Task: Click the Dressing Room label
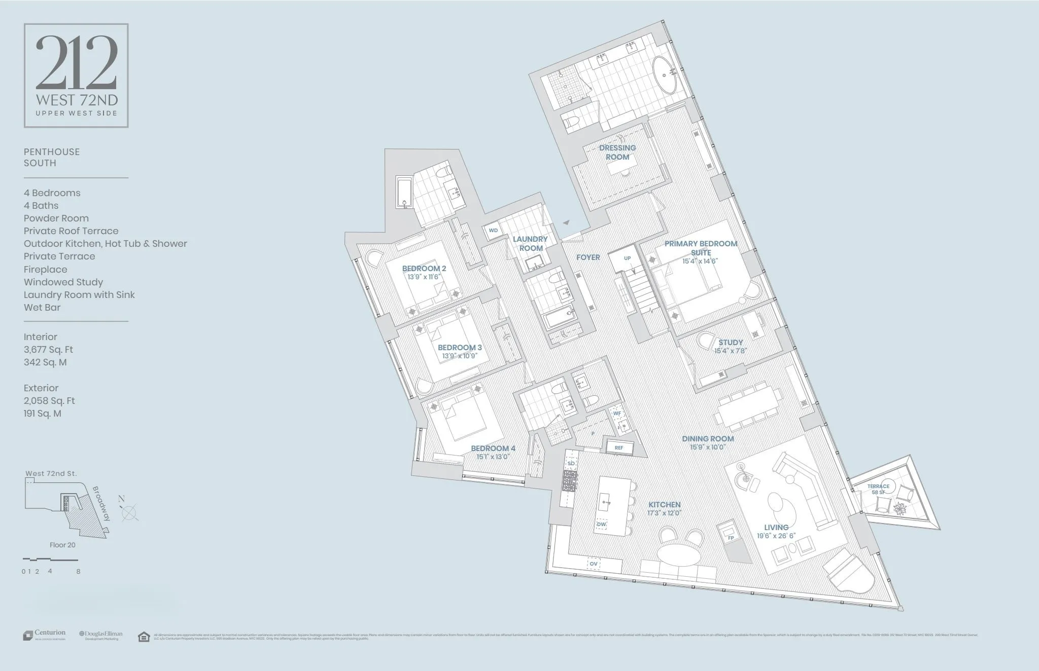(617, 152)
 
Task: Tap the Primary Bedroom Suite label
(701, 248)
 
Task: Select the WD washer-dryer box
(493, 231)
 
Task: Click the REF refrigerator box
(619, 448)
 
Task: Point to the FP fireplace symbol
(731, 537)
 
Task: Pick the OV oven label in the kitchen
(594, 564)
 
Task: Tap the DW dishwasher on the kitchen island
(601, 524)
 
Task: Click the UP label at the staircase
(628, 258)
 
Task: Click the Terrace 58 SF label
(878, 489)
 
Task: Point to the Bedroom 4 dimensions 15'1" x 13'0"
(493, 457)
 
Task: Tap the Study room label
(731, 343)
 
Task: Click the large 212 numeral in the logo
(76, 63)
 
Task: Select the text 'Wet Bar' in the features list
(42, 308)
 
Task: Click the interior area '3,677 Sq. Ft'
(48, 350)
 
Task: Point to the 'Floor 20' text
(62, 545)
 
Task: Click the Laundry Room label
(530, 243)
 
